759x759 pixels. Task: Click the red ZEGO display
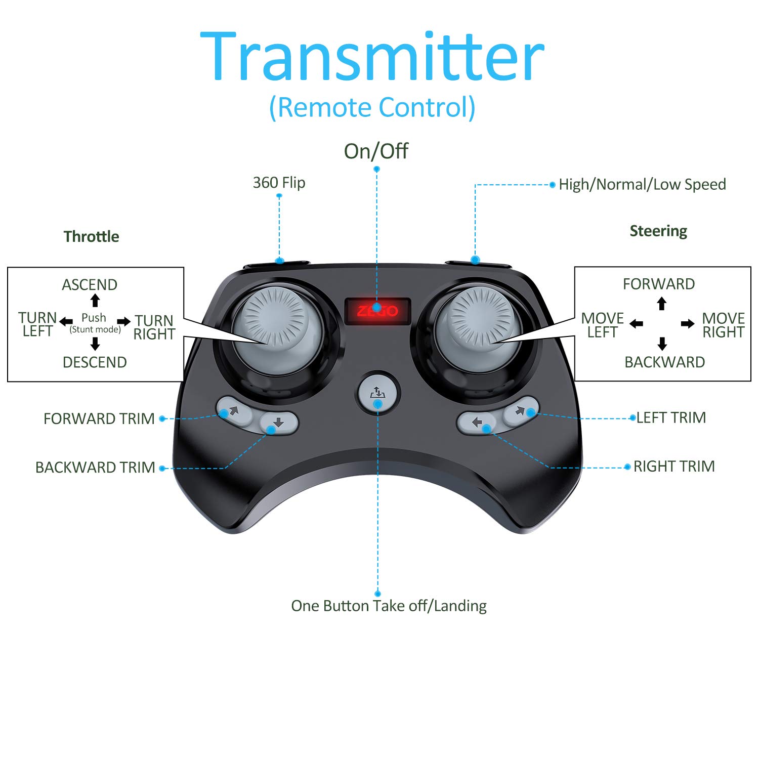click(x=377, y=310)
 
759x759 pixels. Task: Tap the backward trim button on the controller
click(x=278, y=423)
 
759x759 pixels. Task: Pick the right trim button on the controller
click(x=476, y=423)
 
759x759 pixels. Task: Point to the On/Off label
click(x=376, y=151)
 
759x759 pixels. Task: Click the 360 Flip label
click(x=279, y=182)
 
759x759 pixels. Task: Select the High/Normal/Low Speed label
click(x=642, y=184)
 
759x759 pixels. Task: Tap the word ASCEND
click(x=90, y=284)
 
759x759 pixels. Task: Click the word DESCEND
click(x=95, y=362)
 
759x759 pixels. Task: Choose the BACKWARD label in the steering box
click(x=664, y=362)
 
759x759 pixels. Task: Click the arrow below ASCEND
click(x=95, y=300)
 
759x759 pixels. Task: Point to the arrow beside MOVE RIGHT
click(x=688, y=324)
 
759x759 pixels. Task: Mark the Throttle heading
click(x=91, y=236)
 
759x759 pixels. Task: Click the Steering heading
click(x=658, y=231)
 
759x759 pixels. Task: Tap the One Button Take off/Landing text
click(x=389, y=606)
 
